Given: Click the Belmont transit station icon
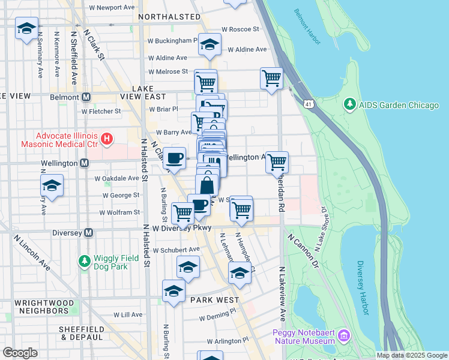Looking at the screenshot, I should pos(86,97).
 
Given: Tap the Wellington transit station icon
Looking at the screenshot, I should pos(84,163).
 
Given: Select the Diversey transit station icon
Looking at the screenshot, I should pos(88,232).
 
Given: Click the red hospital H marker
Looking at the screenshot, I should pos(107,140).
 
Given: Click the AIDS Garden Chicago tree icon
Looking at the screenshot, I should pos(350,105).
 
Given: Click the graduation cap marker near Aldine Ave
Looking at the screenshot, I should pos(209,44).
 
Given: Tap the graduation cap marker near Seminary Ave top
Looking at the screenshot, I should pos(27,29).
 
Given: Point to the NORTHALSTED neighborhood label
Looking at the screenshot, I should pos(169,17).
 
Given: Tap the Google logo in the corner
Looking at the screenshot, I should pos(19,352).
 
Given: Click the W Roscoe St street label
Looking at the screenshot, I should pos(240,29).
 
